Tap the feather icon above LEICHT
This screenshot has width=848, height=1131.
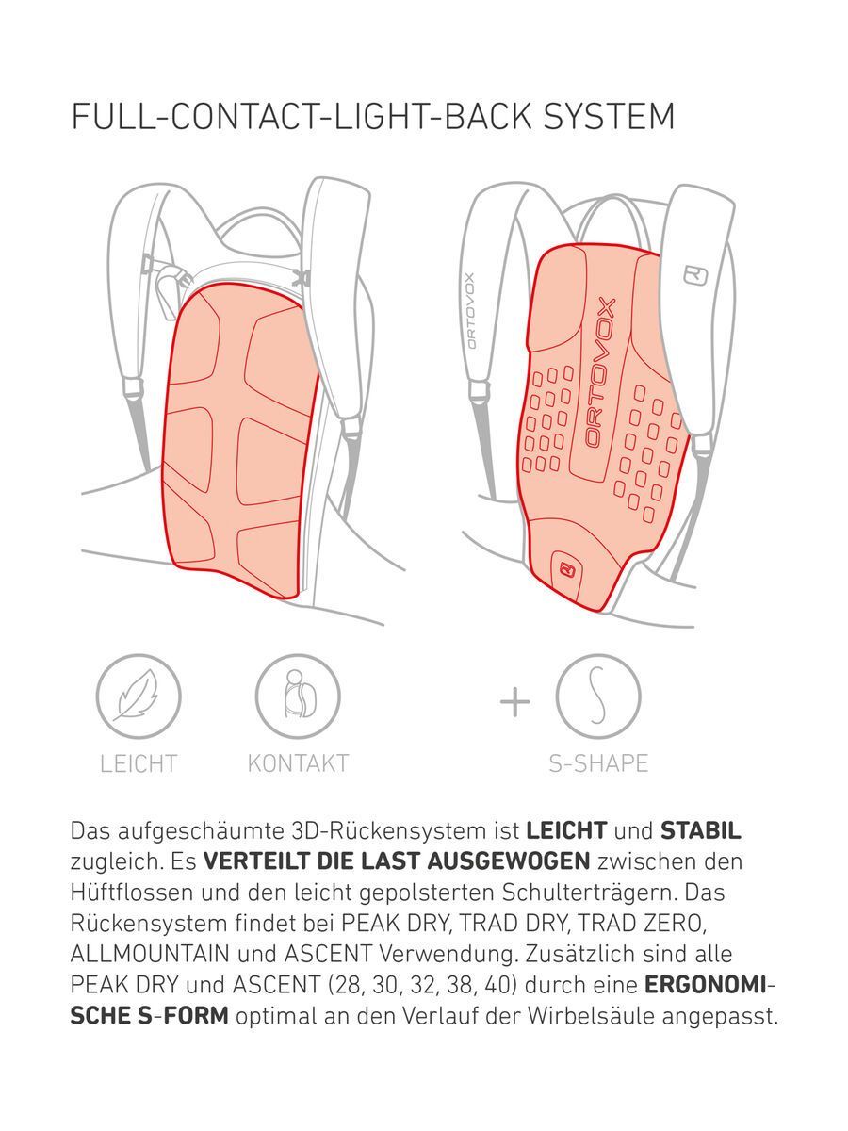(139, 698)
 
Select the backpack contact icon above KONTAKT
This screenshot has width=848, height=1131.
(297, 698)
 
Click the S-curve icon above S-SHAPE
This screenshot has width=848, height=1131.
(597, 698)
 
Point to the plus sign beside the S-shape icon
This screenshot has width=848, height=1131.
(514, 701)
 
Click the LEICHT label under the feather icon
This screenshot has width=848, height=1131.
(139, 763)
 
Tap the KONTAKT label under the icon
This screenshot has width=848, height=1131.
(297, 763)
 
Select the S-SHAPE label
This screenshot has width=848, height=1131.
(598, 763)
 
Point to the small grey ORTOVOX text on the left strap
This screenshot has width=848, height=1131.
(469, 310)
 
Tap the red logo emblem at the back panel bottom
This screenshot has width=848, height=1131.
(567, 568)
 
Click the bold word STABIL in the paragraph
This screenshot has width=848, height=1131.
(700, 831)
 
